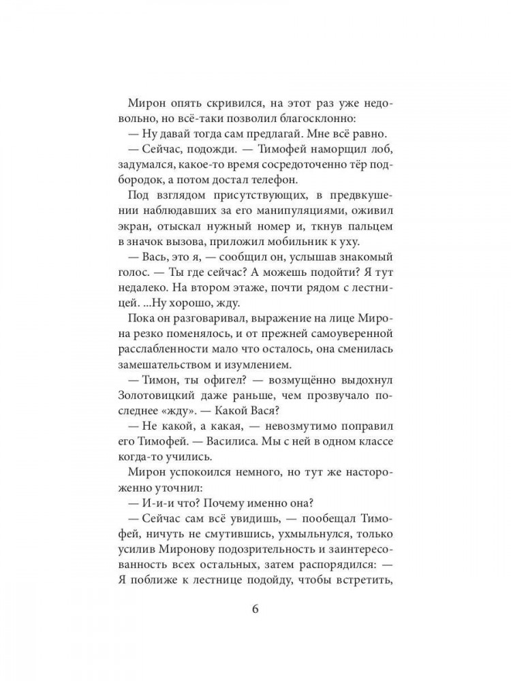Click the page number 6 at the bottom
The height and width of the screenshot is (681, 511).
click(255, 609)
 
